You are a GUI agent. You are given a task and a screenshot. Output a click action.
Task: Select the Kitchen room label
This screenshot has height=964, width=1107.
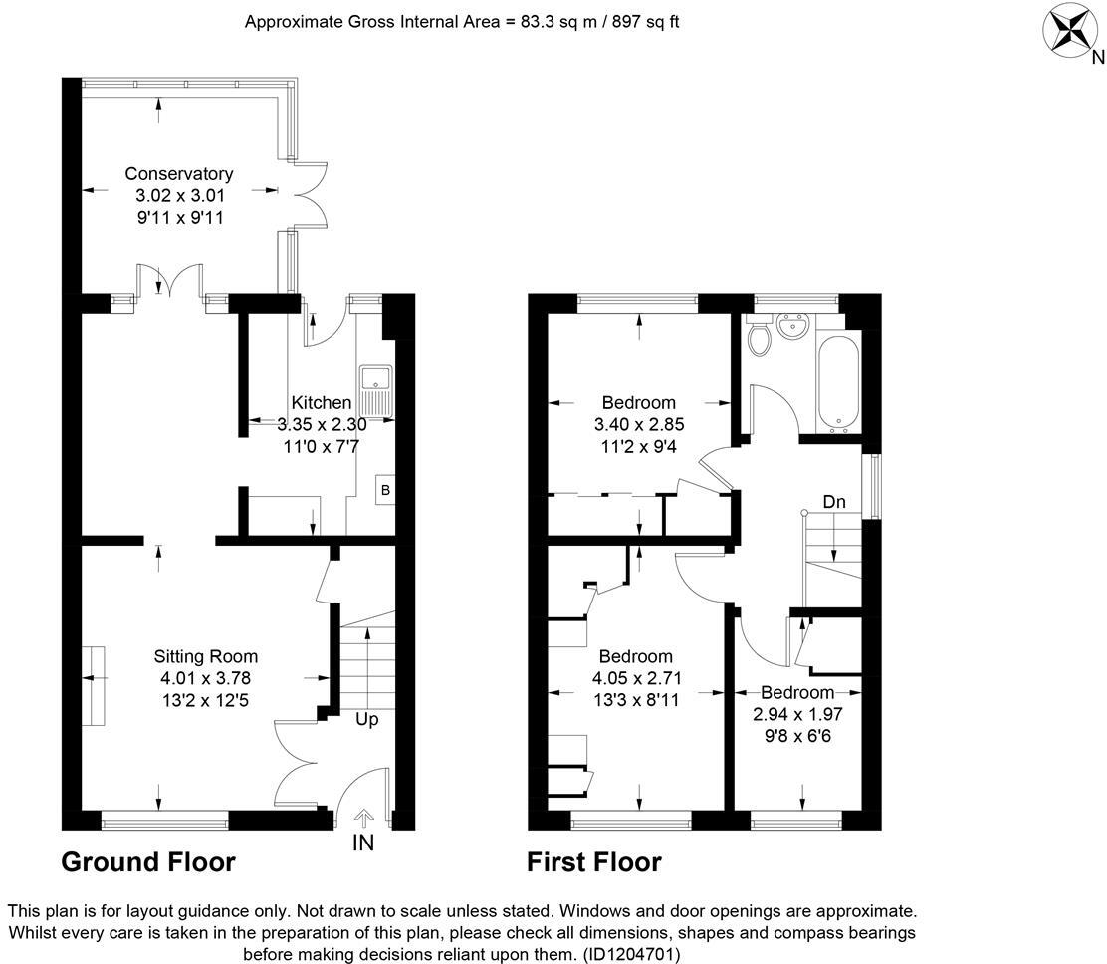coord(321,403)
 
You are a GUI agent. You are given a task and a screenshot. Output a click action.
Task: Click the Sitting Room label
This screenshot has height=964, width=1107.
coord(206,656)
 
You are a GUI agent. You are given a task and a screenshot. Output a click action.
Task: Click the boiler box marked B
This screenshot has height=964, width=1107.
coord(384,490)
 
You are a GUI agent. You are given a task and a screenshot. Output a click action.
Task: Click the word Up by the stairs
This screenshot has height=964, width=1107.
coord(366,718)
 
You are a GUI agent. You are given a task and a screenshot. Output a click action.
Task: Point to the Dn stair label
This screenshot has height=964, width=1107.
coord(833,502)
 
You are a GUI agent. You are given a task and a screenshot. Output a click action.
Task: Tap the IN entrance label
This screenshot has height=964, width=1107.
coord(363,844)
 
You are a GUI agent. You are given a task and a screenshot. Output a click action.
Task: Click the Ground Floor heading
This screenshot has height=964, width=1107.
coord(148,862)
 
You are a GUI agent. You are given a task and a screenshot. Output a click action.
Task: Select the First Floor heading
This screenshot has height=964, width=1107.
coord(593,862)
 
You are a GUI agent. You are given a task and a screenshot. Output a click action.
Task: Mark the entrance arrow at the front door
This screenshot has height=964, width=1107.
coord(363,818)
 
